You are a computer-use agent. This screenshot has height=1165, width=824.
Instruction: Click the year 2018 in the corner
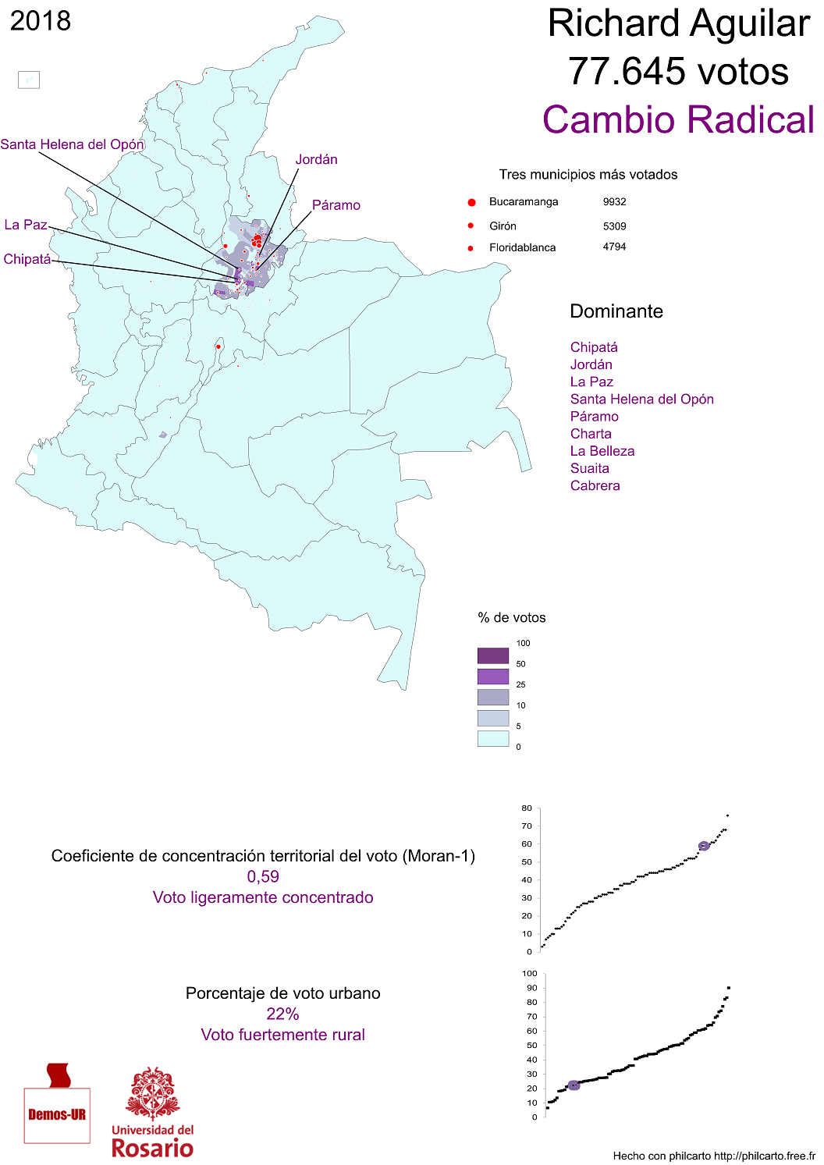click(x=41, y=21)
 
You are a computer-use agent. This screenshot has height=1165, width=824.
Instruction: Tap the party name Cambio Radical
click(x=678, y=120)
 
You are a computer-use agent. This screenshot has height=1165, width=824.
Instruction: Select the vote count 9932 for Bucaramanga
click(x=614, y=202)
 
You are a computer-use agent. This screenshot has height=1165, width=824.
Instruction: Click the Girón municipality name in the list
click(x=503, y=226)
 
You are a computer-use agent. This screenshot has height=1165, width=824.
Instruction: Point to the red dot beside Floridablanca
click(x=471, y=248)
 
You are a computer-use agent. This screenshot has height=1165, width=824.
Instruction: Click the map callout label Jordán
click(x=316, y=160)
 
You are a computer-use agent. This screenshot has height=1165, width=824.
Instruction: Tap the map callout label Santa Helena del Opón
click(x=72, y=144)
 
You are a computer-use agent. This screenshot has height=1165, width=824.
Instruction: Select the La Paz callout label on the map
click(x=26, y=225)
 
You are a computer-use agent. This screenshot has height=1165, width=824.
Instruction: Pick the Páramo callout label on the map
click(x=336, y=205)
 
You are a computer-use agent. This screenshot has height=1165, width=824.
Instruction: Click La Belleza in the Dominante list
click(x=602, y=451)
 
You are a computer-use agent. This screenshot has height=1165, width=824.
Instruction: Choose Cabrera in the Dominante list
click(x=595, y=485)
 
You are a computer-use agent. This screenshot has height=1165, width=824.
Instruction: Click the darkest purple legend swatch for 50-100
click(x=492, y=655)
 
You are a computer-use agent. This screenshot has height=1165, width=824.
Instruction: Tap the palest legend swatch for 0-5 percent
click(x=492, y=738)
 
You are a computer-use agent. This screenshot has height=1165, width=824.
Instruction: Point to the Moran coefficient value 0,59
click(x=263, y=876)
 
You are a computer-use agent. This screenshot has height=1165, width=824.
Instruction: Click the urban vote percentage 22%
click(x=282, y=1014)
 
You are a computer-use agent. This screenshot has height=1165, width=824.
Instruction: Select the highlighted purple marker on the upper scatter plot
click(x=704, y=846)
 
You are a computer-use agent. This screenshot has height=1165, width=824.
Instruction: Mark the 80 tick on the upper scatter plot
click(x=527, y=808)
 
